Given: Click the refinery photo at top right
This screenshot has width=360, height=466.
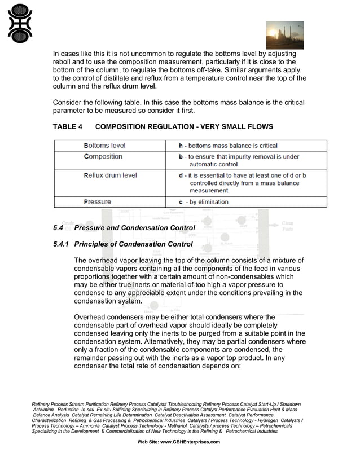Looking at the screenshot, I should click(x=284, y=36).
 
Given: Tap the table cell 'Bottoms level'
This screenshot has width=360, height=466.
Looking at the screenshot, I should click(x=104, y=146).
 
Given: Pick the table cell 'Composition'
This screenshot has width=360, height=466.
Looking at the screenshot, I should click(x=103, y=157).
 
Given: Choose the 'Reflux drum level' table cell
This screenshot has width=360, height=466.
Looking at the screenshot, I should click(x=110, y=175).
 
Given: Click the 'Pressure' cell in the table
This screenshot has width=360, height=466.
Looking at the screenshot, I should click(x=97, y=202).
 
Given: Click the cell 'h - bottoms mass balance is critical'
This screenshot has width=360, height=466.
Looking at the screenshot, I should click(x=228, y=146).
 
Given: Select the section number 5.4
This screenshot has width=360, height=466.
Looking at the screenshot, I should click(x=58, y=228).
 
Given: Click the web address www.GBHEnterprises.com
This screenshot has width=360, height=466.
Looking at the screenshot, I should click(x=190, y=442).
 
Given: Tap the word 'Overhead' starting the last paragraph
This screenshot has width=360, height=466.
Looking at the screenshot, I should click(x=92, y=317).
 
